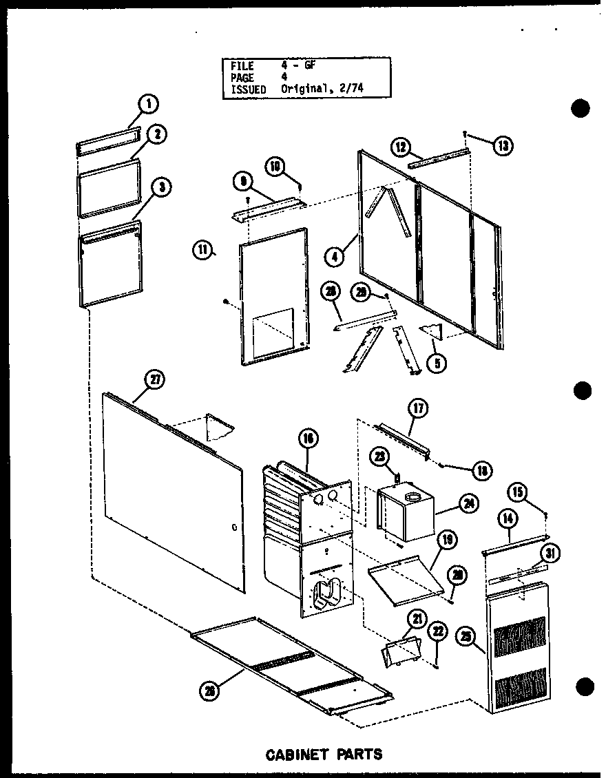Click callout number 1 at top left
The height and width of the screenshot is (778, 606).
pyautogui.click(x=147, y=105)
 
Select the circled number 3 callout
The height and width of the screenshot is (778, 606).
pyautogui.click(x=163, y=187)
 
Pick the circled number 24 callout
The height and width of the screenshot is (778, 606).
pyautogui.click(x=470, y=503)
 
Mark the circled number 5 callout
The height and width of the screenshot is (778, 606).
pyautogui.click(x=435, y=362)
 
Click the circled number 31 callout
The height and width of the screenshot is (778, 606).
pyautogui.click(x=550, y=553)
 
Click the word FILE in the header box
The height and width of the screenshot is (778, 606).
pyautogui.click(x=242, y=66)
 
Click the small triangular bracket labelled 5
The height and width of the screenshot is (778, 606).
pyautogui.click(x=432, y=332)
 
